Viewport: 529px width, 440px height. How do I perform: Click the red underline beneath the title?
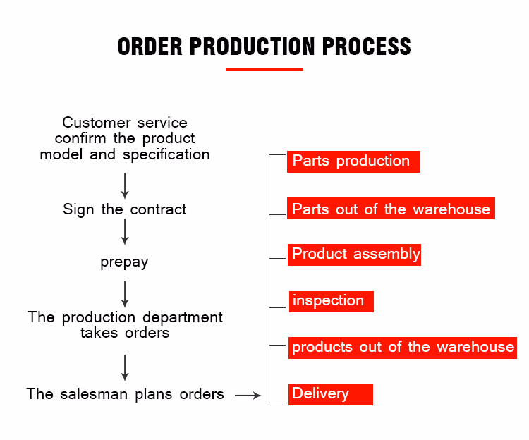(264, 69)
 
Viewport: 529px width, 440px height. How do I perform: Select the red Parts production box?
(353, 161)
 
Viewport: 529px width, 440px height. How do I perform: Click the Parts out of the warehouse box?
(391, 209)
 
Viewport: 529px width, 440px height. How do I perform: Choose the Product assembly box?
(355, 254)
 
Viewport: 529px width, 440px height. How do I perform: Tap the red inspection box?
(330, 301)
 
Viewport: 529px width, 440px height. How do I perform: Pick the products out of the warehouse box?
(402, 348)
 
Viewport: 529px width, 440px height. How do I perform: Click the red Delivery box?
(329, 393)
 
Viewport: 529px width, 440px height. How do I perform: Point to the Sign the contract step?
(125, 209)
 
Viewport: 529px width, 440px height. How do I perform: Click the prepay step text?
(124, 262)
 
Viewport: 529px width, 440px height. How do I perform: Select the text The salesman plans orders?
(125, 394)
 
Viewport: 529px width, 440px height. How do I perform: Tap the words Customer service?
(125, 123)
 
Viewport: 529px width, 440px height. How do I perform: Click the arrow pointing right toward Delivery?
(248, 396)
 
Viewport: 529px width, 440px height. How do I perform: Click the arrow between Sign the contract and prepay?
(125, 231)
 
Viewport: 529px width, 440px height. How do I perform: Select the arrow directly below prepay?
(125, 293)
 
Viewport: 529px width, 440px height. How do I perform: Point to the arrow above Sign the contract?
(125, 185)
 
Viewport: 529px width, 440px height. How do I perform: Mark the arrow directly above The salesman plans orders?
(125, 367)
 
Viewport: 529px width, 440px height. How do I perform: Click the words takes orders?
(125, 333)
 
